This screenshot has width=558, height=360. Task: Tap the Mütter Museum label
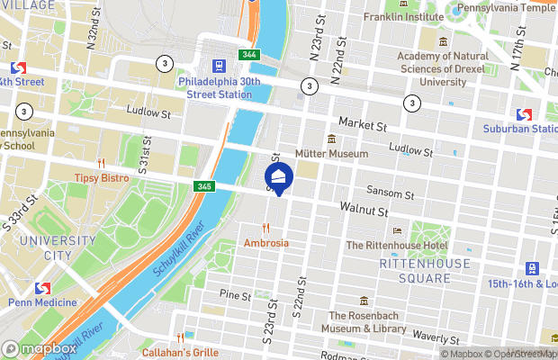point(333,154)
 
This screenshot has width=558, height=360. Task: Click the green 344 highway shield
point(249,56)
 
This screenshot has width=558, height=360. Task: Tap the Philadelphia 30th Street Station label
point(220,87)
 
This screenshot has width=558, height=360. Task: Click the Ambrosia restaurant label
point(266,243)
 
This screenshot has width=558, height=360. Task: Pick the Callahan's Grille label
point(179,352)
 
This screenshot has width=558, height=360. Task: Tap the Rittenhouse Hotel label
point(397,245)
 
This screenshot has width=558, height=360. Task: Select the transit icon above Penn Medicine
point(40,288)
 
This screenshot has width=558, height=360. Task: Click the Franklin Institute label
point(401,17)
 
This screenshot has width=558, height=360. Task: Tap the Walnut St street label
point(364,210)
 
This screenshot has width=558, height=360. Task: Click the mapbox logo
point(40,348)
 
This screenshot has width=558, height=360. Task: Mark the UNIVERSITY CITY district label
point(58,247)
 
